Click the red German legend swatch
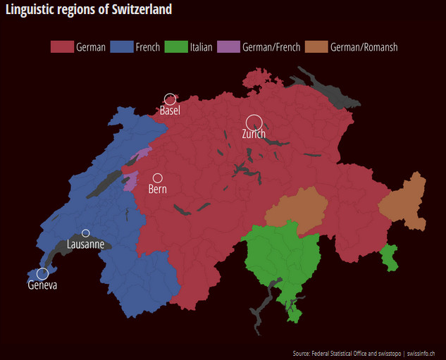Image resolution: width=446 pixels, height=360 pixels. pos(62,47)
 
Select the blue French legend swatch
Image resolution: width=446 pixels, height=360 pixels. pos(122,47)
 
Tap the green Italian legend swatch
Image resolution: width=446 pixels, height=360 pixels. pos(175,47)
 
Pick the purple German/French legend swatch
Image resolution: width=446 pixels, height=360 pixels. pos(228,47)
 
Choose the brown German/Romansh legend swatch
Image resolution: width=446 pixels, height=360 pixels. pos(316,47)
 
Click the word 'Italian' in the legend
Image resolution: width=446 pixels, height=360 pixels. pos(201,47)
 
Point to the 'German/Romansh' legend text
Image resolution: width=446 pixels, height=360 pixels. pos(364,47)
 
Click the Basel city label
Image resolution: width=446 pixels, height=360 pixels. pos(170,111)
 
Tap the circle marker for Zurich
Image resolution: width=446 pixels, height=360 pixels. pos(254,122)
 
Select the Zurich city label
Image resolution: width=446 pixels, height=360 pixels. pos(254,134)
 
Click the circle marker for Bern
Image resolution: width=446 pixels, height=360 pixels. pos(158,178)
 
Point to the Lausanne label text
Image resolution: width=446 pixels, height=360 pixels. pos(85,244)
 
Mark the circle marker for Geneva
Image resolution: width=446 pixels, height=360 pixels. pos(42,273)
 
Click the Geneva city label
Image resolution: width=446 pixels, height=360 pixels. pos(42,285)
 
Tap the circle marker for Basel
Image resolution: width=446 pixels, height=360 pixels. pos(170,99)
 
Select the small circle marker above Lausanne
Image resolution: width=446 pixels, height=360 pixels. pos(86,233)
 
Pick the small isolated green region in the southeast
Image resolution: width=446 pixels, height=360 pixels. pos(389,256)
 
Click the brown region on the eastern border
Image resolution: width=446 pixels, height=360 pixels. pos(404,204)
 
